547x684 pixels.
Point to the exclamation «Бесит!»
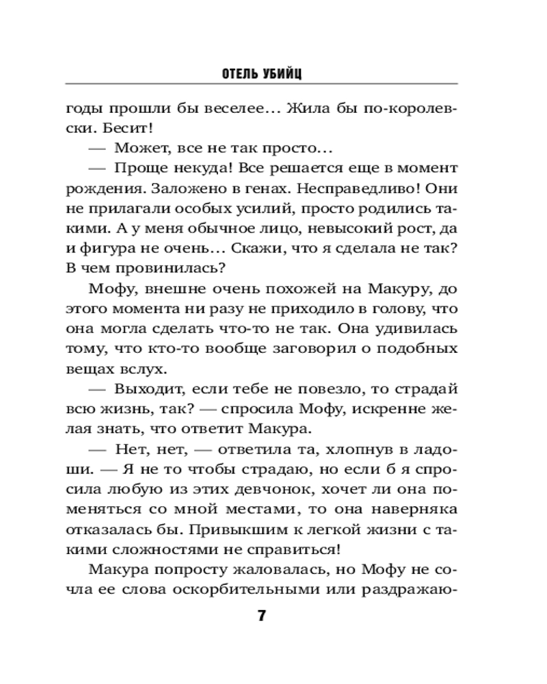click(x=131, y=128)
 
